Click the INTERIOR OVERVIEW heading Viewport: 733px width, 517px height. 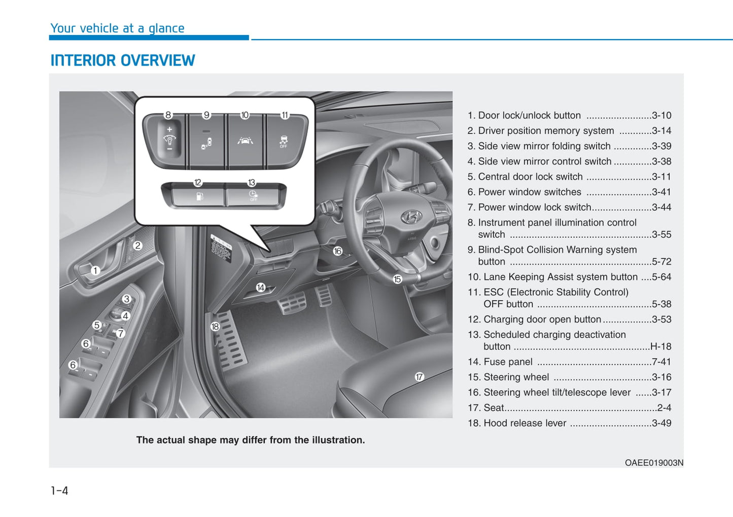122,60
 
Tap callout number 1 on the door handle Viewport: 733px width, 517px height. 95,271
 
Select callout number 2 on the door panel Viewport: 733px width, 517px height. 137,246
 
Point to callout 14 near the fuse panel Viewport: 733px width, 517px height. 260,287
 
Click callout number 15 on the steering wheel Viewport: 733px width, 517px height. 397,279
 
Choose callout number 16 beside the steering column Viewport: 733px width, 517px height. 337,251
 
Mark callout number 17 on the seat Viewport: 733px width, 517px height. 419,377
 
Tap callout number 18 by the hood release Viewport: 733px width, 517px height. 215,327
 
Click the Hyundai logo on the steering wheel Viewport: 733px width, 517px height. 411,217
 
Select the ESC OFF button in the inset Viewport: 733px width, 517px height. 284,141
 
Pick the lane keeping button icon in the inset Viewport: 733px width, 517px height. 245,140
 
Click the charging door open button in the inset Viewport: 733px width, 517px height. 199,196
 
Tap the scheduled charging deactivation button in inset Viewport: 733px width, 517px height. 253,196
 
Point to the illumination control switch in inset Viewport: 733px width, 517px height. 169,140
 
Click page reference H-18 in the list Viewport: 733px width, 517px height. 660,346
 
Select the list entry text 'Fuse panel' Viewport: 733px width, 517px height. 508,362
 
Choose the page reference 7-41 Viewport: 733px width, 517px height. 661,362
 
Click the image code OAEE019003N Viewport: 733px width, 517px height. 654,463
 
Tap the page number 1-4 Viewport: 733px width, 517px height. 59,491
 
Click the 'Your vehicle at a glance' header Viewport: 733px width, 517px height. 117,28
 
